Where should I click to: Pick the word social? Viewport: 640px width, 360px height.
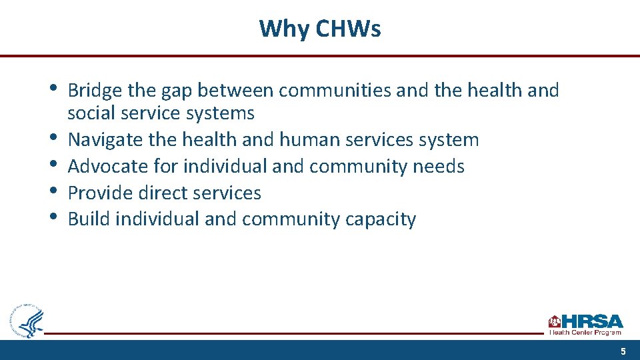point(87,113)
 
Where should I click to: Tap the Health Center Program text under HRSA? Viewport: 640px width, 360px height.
point(585,332)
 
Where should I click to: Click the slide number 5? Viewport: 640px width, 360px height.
point(623,351)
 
